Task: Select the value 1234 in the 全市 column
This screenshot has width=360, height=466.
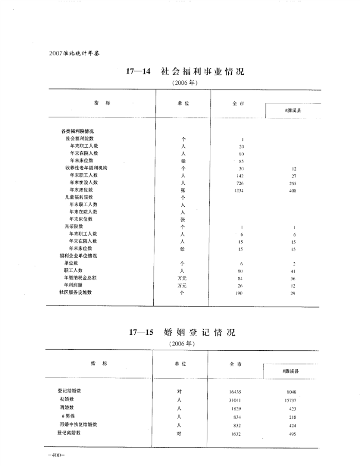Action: [x=239, y=190]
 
